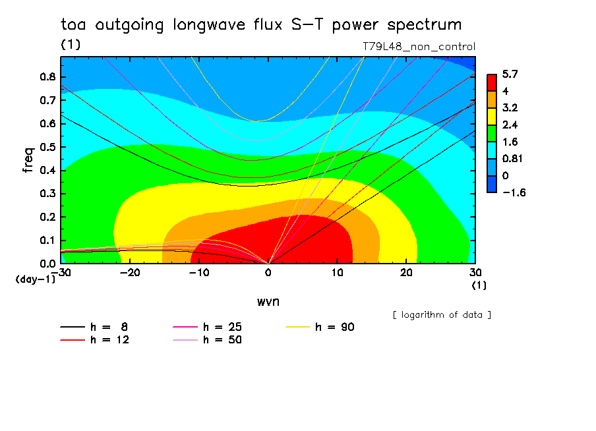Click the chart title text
pyautogui.click(x=261, y=25)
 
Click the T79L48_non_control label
pyautogui.click(x=419, y=47)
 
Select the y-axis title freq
pyautogui.click(x=28, y=159)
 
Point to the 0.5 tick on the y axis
pyautogui.click(x=47, y=147)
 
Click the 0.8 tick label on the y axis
pyautogui.click(x=47, y=76)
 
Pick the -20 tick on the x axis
pyautogui.click(x=130, y=273)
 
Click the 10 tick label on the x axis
pyautogui.click(x=337, y=273)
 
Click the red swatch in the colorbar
pyautogui.click(x=492, y=82)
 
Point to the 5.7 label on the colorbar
pyautogui.click(x=510, y=74)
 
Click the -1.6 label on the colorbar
pyautogui.click(x=512, y=192)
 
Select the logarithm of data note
pyautogui.click(x=441, y=314)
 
